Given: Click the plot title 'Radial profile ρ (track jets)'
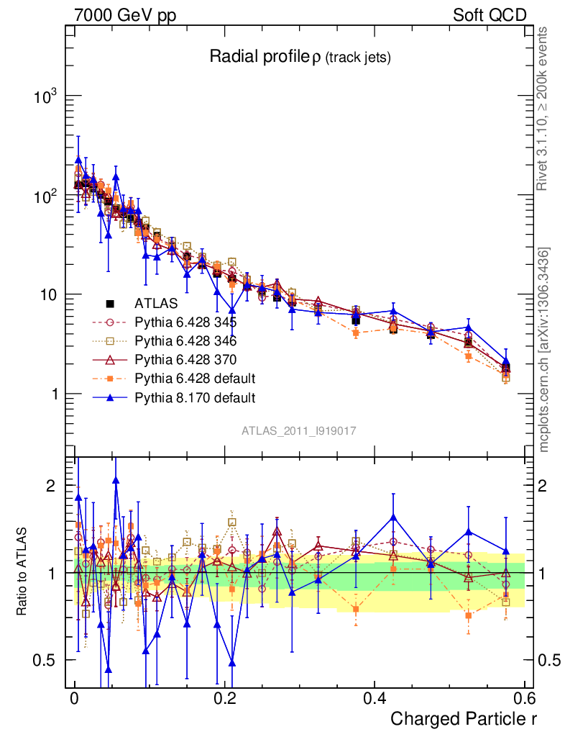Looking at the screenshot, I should [x=300, y=58].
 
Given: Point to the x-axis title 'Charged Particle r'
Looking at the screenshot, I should [x=464, y=718].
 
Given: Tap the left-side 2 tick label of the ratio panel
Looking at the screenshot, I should [x=50, y=486].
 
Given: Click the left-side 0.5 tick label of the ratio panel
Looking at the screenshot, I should [x=45, y=660].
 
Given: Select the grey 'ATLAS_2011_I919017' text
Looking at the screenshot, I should [x=299, y=431].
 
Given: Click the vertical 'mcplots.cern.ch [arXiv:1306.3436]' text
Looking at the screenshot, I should [x=545, y=350].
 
